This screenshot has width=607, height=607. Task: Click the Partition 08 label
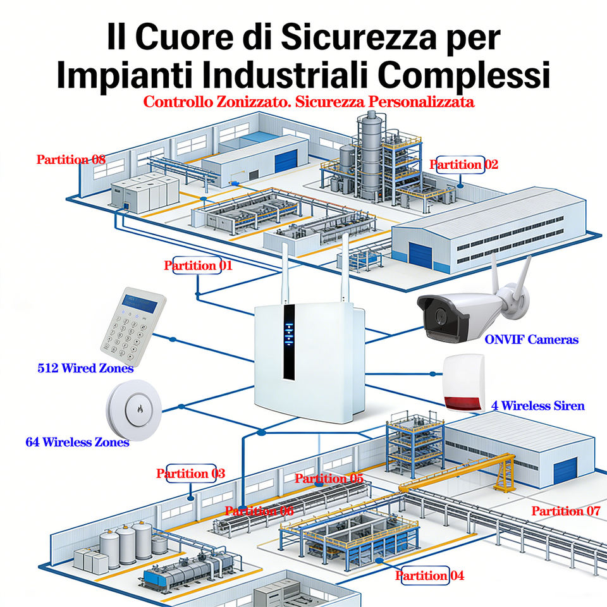71,159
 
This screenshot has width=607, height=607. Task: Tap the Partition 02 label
463,165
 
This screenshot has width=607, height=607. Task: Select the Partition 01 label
198,266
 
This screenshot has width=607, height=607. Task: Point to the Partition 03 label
190,474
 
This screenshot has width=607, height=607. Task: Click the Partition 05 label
329,479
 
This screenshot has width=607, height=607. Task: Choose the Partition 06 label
259,511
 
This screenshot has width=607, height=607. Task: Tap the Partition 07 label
565,511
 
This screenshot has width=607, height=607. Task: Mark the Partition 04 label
429,575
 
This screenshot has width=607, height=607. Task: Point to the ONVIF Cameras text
531,340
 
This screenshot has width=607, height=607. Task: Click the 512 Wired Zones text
85,368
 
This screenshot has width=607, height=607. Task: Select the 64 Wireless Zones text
77,442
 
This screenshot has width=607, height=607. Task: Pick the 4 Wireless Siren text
537,405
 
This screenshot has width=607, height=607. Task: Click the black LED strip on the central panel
289,341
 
